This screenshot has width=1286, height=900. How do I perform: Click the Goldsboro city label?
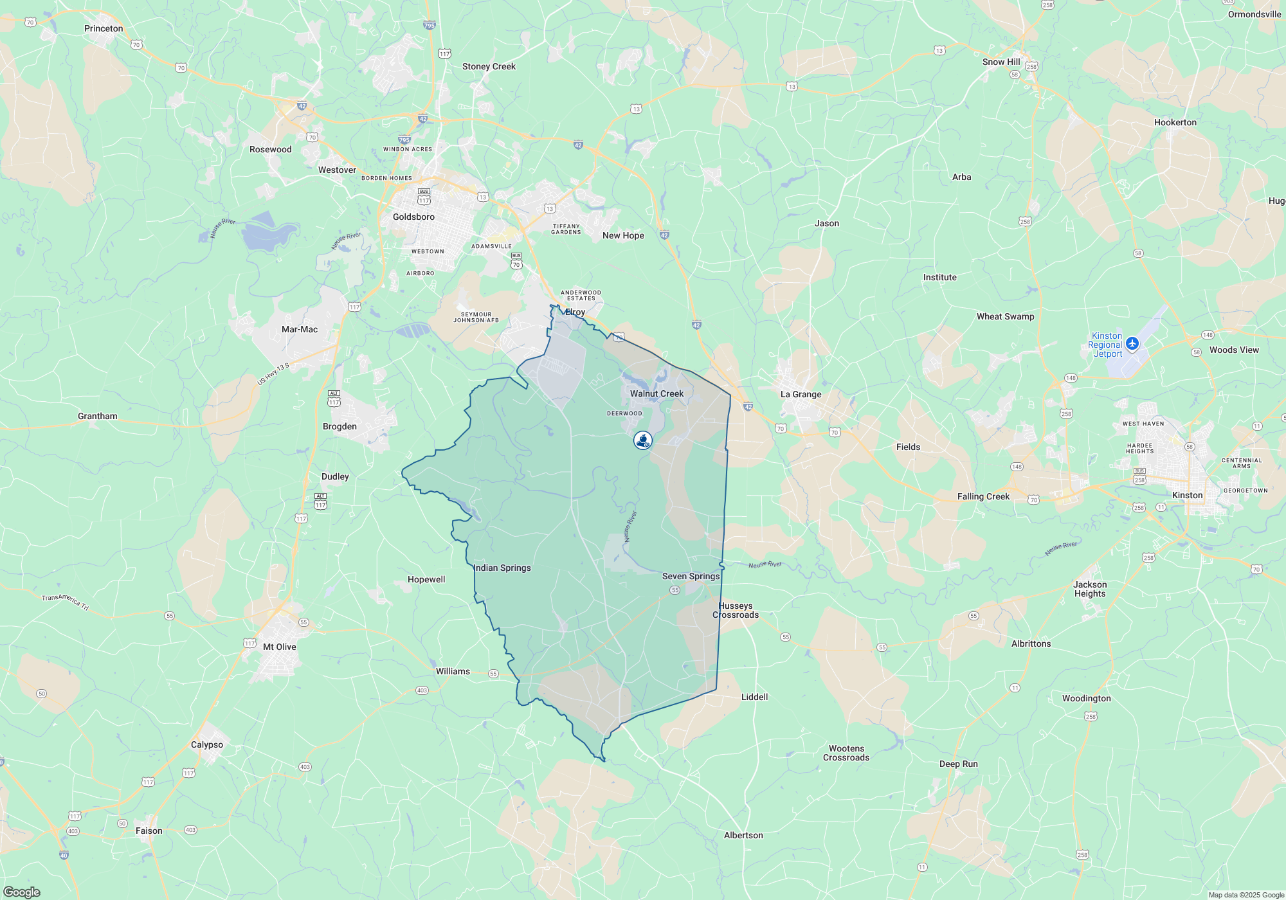(413, 217)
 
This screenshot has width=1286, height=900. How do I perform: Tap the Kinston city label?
(1187, 496)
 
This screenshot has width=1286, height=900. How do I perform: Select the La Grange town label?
(801, 395)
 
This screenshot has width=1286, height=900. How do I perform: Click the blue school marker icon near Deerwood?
(643, 440)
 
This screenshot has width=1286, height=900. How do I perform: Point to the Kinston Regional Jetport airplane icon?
(1132, 343)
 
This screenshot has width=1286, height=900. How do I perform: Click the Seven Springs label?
(691, 577)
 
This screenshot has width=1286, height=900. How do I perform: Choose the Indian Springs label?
(502, 568)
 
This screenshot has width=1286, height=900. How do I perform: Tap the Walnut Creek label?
(657, 394)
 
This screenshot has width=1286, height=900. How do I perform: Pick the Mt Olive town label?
(280, 647)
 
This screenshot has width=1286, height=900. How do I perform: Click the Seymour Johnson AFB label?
(476, 318)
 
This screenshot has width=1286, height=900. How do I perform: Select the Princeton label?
(104, 29)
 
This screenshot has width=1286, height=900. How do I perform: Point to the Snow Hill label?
(1001, 62)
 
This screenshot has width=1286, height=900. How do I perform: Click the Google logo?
(22, 892)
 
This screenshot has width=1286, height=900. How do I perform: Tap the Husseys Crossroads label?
(736, 611)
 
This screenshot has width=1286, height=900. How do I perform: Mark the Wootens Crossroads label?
(846, 753)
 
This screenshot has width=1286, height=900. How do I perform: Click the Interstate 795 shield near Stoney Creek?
(430, 26)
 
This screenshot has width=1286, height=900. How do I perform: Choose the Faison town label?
(149, 831)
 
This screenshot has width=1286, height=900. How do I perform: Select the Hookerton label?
(1175, 123)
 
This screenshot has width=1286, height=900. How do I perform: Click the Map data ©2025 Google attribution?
(1246, 895)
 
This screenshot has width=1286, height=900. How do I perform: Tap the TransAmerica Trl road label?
(66, 602)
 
